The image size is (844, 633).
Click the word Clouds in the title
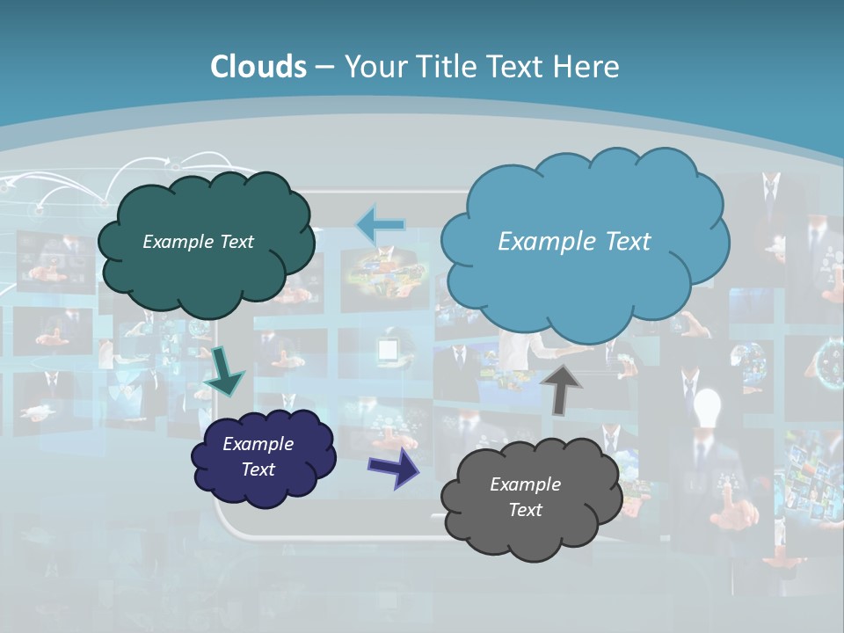[258, 67]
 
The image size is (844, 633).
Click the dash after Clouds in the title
[324, 68]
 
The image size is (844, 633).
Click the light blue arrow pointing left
[380, 225]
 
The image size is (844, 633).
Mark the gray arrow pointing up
[560, 388]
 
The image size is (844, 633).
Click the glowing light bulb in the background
[707, 406]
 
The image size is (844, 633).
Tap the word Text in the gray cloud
[525, 510]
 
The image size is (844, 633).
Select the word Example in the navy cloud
[258, 444]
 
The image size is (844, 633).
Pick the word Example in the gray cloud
[525, 484]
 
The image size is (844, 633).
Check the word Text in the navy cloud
[258, 469]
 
